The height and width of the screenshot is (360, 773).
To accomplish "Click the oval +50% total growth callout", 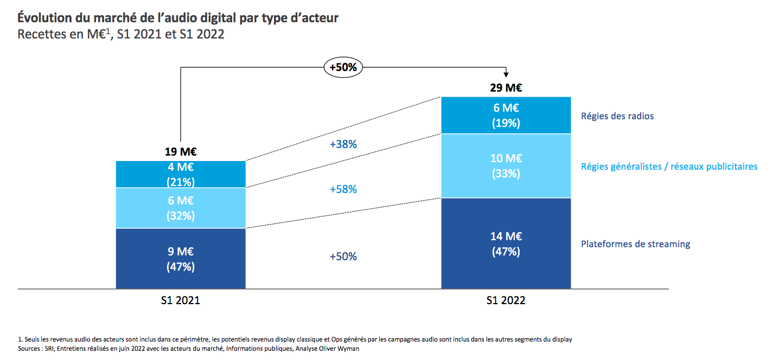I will click(x=343, y=68).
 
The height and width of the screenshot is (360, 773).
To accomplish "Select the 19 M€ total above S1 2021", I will click(x=181, y=152).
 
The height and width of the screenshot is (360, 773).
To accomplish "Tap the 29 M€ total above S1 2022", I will click(x=506, y=88).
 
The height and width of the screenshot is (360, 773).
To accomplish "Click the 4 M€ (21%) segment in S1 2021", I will click(x=181, y=174).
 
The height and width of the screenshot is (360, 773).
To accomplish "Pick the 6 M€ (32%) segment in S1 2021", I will click(x=181, y=208).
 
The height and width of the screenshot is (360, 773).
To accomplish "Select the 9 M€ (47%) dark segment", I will click(x=181, y=259).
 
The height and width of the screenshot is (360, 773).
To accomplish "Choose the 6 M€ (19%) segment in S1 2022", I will click(x=506, y=115).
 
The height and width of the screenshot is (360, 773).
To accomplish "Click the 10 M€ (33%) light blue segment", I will click(x=506, y=166).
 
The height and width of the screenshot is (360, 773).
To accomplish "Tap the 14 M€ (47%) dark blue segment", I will click(x=506, y=243).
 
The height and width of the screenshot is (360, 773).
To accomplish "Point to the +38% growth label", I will click(x=343, y=145).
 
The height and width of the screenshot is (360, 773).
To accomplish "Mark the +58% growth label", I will click(x=343, y=189).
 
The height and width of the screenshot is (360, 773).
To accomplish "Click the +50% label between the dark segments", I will click(x=343, y=256).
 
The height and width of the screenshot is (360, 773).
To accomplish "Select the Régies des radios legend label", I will click(x=617, y=116).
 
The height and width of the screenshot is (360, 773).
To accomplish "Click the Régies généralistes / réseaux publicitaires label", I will click(x=669, y=166).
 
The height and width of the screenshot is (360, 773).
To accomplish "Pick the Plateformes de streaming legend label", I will click(x=635, y=244).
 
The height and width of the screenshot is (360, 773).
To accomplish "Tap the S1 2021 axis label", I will click(x=181, y=300).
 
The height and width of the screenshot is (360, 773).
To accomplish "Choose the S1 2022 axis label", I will click(x=506, y=300).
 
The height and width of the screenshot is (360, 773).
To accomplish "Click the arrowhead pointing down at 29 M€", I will click(x=506, y=75).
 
